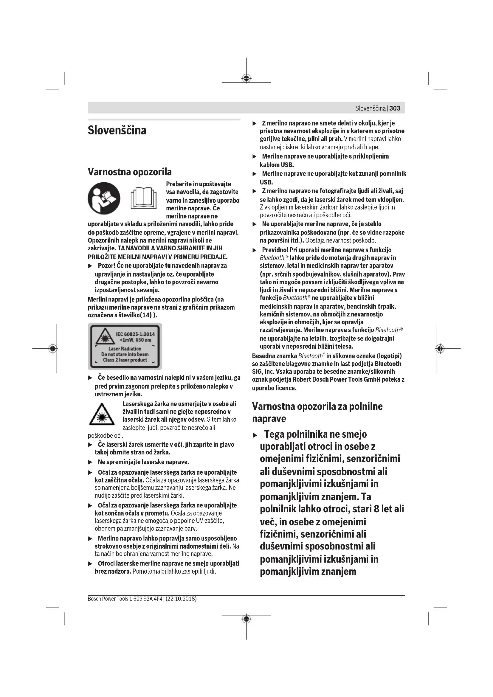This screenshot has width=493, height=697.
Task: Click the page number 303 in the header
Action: (395, 108)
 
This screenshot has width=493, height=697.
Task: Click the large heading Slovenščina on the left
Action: (117, 131)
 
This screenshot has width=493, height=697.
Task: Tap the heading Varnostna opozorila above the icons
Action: (130, 172)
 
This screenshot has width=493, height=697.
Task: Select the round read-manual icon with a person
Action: (104, 198)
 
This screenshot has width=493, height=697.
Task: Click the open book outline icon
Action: (144, 198)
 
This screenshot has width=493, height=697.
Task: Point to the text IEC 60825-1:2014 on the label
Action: (135, 334)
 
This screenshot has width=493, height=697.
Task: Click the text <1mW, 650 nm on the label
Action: (135, 340)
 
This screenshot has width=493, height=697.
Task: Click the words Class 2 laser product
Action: (125, 360)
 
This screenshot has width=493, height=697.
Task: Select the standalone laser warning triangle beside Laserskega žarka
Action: (102, 415)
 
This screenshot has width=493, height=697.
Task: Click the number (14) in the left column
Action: (147, 315)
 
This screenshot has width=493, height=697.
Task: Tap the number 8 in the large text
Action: (376, 509)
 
